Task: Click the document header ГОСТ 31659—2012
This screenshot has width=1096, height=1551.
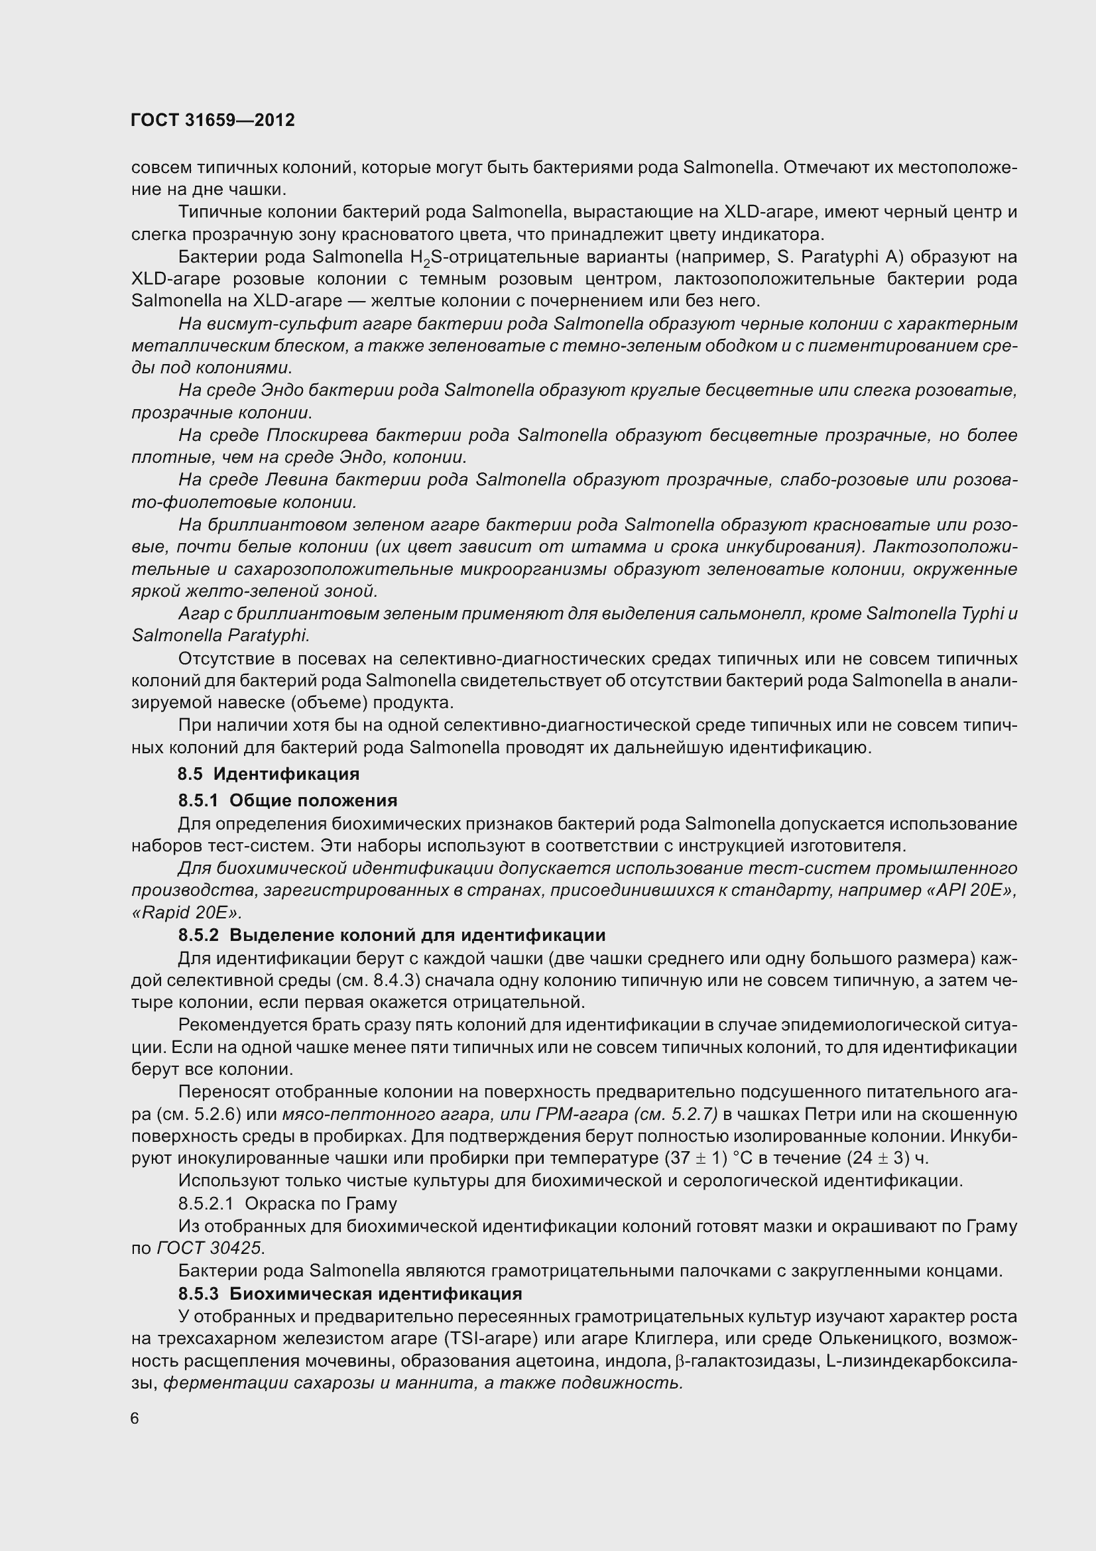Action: [213, 120]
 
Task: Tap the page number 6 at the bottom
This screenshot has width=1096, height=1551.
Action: [135, 1418]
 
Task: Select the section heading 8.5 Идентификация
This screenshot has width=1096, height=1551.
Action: [268, 773]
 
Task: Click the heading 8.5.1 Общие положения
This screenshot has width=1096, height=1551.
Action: [288, 800]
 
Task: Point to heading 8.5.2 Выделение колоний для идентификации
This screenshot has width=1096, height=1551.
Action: [392, 935]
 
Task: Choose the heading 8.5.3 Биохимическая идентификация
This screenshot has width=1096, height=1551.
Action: [350, 1294]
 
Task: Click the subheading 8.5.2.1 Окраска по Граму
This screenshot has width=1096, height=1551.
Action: [288, 1204]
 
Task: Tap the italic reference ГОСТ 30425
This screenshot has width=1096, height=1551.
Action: [210, 1249]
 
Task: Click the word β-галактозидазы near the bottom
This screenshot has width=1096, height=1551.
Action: [744, 1361]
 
